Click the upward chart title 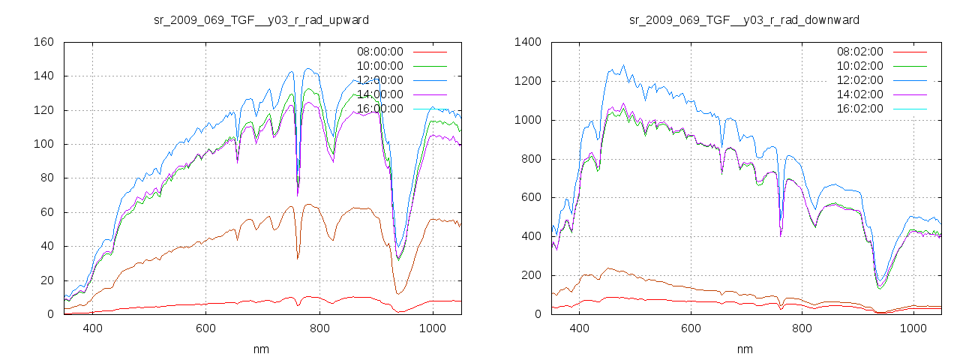coord(261,19)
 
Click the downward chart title coord(744,19)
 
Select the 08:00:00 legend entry coord(379,52)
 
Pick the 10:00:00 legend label coord(379,66)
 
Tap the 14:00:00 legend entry coord(379,94)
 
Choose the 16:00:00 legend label coord(379,109)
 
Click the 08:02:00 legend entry coord(859,52)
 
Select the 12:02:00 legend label coord(859,80)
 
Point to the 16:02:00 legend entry coord(859,109)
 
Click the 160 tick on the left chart coord(43,42)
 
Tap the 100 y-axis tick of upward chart coord(43,144)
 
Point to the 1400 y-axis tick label coord(527,42)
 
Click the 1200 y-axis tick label coord(527,81)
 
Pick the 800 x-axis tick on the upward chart coord(319,328)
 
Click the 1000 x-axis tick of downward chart coord(913,328)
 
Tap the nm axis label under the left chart coord(262,349)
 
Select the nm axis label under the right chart coord(745,349)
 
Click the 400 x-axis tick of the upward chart coord(93,328)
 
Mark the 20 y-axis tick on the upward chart coord(46,280)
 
